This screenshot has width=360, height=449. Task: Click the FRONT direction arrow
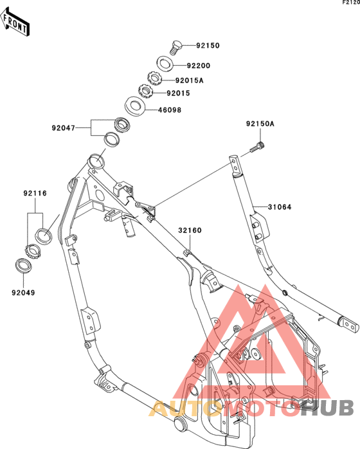(14, 23)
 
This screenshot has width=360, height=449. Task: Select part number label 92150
(208, 46)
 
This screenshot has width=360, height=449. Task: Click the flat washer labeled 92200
(165, 64)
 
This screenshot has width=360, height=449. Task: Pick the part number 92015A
(189, 80)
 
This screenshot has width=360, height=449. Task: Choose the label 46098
(170, 110)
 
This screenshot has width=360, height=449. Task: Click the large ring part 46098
(136, 106)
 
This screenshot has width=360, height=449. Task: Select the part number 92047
(63, 128)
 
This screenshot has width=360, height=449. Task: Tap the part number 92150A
(260, 124)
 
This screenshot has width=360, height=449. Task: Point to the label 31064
(280, 206)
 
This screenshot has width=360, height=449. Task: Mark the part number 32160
(190, 230)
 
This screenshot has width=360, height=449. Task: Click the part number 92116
(35, 193)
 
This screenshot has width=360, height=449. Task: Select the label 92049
(23, 293)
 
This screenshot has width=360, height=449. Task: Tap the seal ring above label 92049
(23, 266)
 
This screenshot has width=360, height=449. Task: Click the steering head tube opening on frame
(96, 161)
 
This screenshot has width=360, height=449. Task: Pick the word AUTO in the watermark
(186, 407)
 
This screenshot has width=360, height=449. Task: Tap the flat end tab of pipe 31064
(350, 325)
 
